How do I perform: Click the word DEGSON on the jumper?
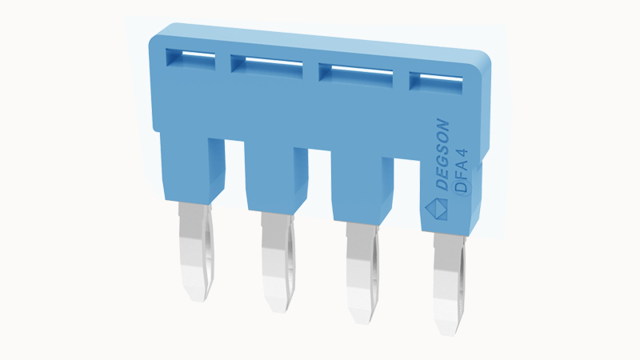[442, 154]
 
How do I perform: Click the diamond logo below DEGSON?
[434, 209]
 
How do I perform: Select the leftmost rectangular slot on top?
[190, 58]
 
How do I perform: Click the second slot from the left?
[266, 66]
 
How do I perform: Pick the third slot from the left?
[355, 74]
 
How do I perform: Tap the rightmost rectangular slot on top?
[436, 81]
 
